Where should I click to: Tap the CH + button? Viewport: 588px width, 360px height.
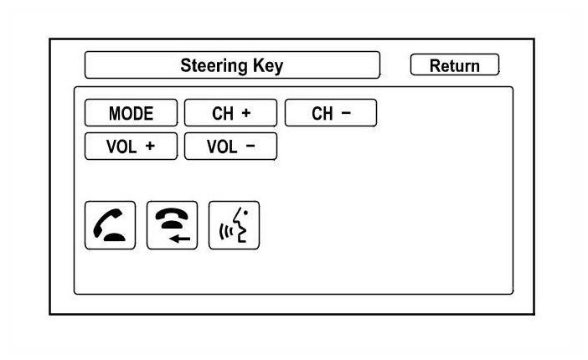[x=230, y=113]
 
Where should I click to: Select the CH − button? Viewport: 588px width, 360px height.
[x=330, y=113]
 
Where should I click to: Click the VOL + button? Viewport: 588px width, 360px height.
[x=131, y=146]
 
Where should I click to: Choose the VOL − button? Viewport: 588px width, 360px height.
[x=230, y=146]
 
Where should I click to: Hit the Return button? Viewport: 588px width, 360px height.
[x=454, y=65]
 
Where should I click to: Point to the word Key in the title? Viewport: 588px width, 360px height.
[x=267, y=65]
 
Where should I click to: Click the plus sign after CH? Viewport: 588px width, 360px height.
[x=246, y=113]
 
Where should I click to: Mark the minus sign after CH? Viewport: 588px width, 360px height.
[x=345, y=113]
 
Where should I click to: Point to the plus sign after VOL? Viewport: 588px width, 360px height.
[x=150, y=146]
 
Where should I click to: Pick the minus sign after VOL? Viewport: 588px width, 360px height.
[x=250, y=146]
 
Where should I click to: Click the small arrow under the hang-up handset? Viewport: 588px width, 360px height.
[x=178, y=239]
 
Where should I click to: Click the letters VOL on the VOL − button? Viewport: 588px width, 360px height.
[x=222, y=146]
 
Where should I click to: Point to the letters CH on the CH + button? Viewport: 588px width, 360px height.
[x=222, y=113]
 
